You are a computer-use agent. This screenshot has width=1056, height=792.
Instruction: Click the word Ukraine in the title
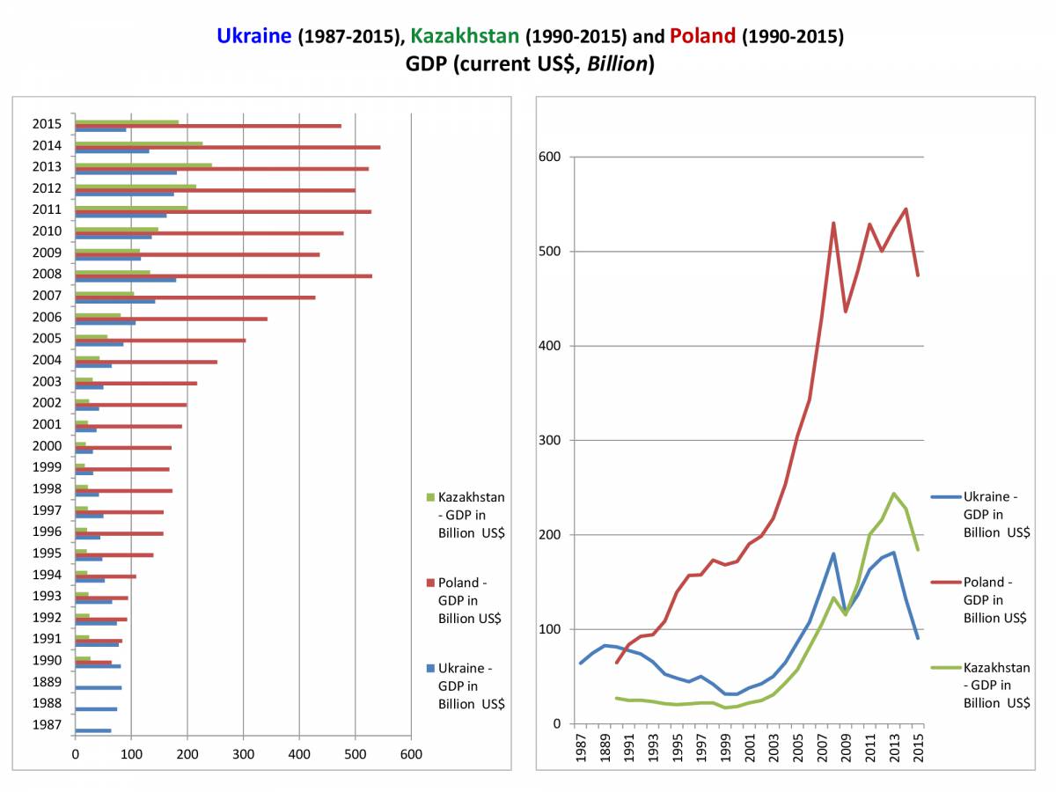click(x=254, y=36)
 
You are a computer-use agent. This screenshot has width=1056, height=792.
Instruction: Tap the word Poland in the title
click(x=702, y=36)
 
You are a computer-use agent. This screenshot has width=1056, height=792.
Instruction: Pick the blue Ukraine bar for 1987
click(x=93, y=730)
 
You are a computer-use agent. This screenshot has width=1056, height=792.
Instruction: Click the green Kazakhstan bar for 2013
click(x=143, y=165)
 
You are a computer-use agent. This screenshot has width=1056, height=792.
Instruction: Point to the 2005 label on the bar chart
click(x=48, y=338)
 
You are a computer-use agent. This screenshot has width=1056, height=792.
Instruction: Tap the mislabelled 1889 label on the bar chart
click(x=48, y=682)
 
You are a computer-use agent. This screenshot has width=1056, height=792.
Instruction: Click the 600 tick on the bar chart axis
click(x=411, y=755)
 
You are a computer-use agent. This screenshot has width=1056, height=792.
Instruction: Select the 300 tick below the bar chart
click(x=243, y=755)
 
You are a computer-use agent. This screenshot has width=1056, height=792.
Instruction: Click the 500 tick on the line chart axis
click(x=550, y=252)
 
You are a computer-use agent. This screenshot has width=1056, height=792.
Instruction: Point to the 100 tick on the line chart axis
click(x=550, y=629)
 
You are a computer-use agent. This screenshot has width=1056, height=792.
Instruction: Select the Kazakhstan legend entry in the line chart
click(x=995, y=685)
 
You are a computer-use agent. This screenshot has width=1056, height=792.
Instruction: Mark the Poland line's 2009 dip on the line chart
click(x=846, y=312)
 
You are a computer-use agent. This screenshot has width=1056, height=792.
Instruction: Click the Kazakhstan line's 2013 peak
click(x=894, y=494)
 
